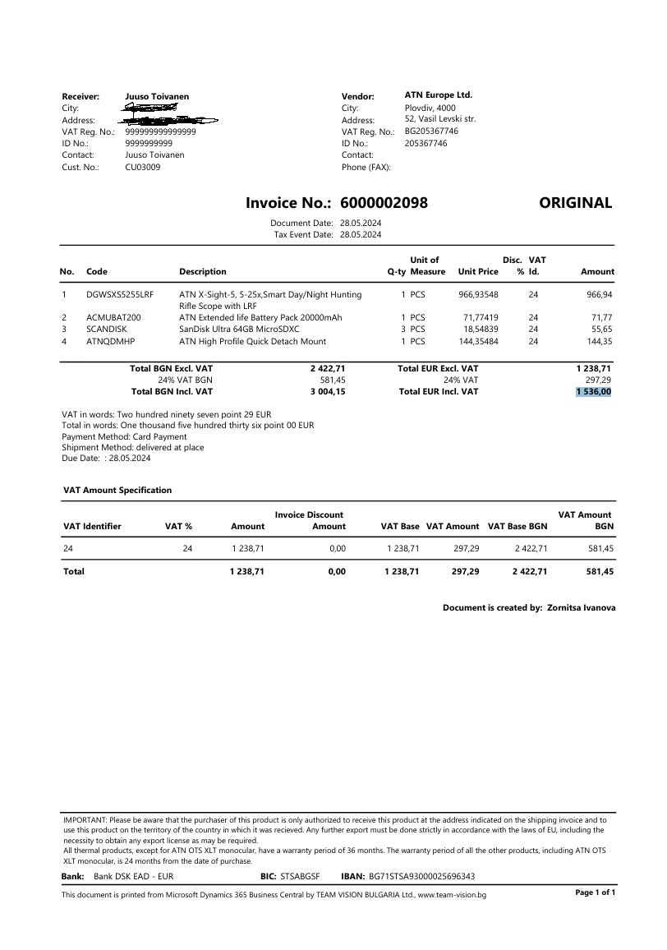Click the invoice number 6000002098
coord(384,203)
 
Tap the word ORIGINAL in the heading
coord(575,203)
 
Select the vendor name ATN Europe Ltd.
coord(438,95)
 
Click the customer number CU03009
coord(143,167)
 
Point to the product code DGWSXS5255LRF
coord(119,294)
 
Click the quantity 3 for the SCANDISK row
coord(403,329)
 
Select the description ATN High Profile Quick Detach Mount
coord(252,341)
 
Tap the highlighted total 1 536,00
coord(594,392)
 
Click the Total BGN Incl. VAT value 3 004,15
coord(328,392)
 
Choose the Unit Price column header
coord(478,272)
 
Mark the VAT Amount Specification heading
coord(117,490)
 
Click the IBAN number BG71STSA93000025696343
coord(421,877)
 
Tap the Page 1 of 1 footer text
coord(595,892)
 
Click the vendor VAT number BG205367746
coord(431,131)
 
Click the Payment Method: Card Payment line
coord(124,436)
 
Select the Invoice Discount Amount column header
coord(310,520)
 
